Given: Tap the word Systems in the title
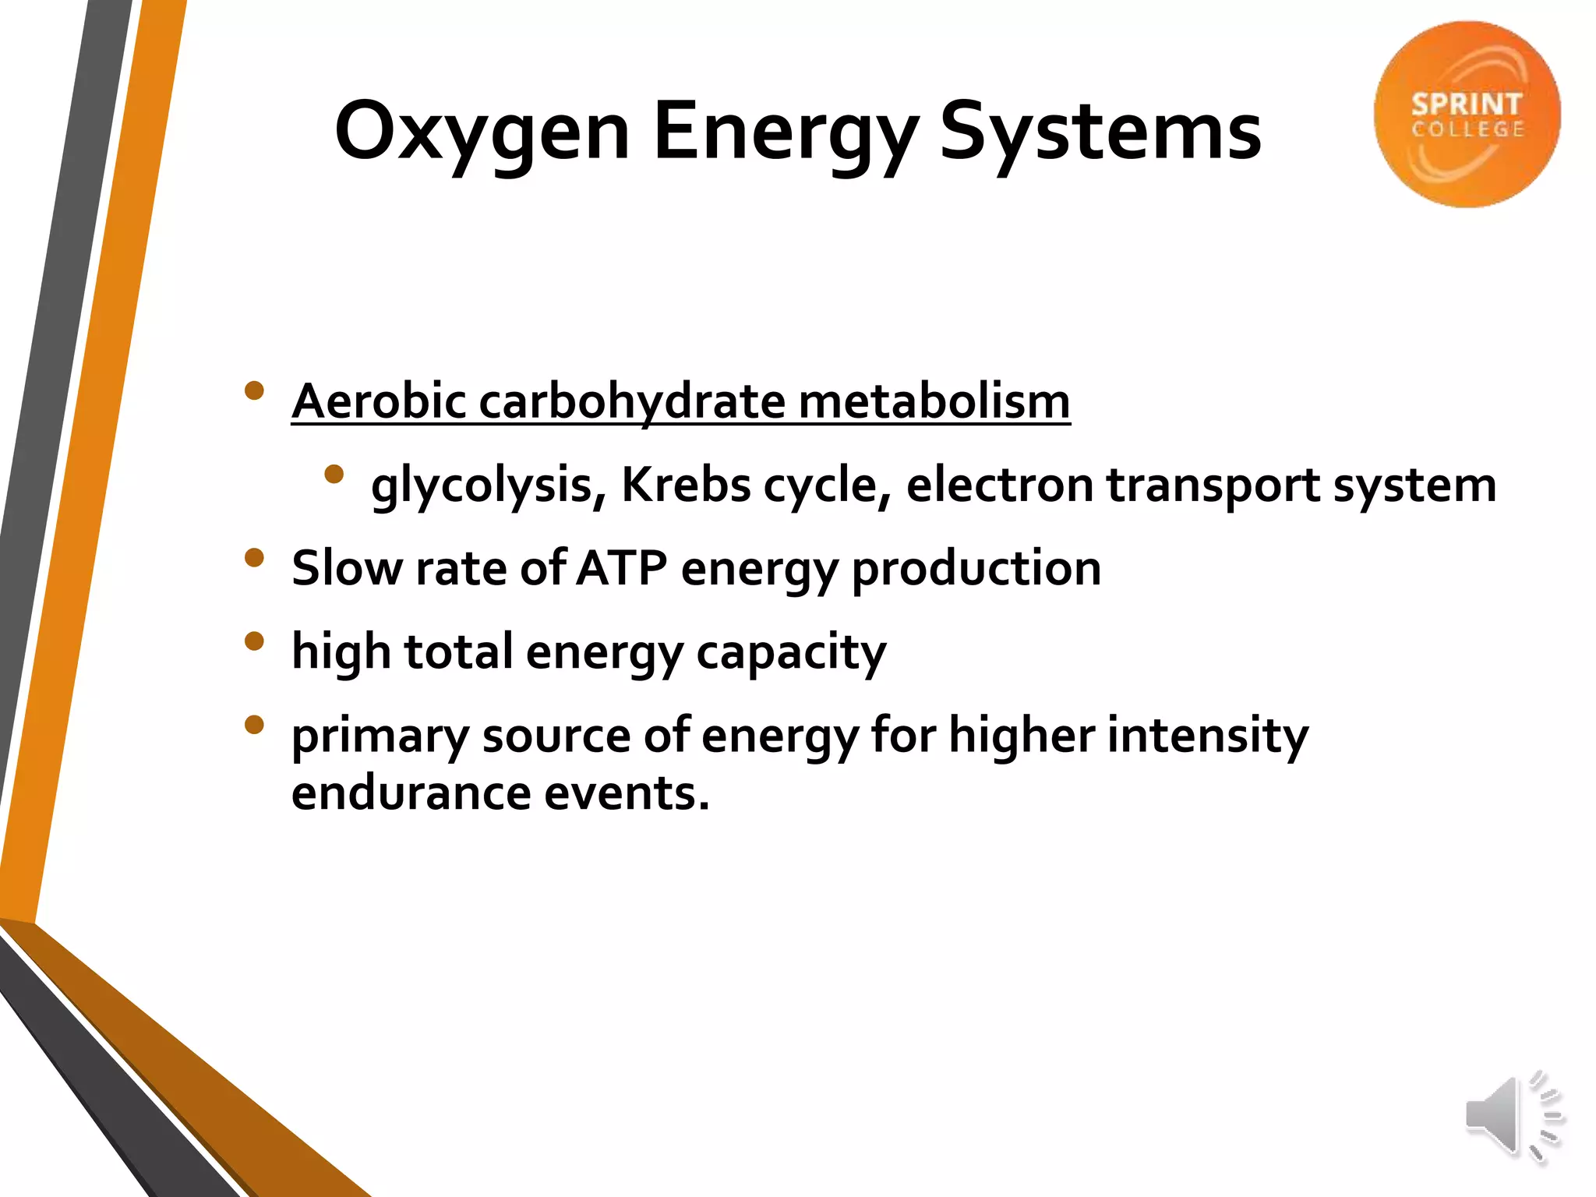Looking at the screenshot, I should (x=1100, y=132).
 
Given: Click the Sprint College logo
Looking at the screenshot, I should (x=1467, y=115).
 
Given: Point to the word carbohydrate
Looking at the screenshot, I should (x=632, y=401).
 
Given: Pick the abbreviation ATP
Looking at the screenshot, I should (x=622, y=568).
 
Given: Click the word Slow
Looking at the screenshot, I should (x=347, y=568).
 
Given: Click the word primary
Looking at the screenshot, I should (x=380, y=736).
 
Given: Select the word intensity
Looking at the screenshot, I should (x=1207, y=735).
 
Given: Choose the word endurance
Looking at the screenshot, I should (x=411, y=793).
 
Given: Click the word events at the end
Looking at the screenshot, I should (x=627, y=793).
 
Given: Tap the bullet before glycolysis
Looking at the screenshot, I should (x=334, y=474).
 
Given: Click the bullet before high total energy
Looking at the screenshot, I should (x=254, y=641).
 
